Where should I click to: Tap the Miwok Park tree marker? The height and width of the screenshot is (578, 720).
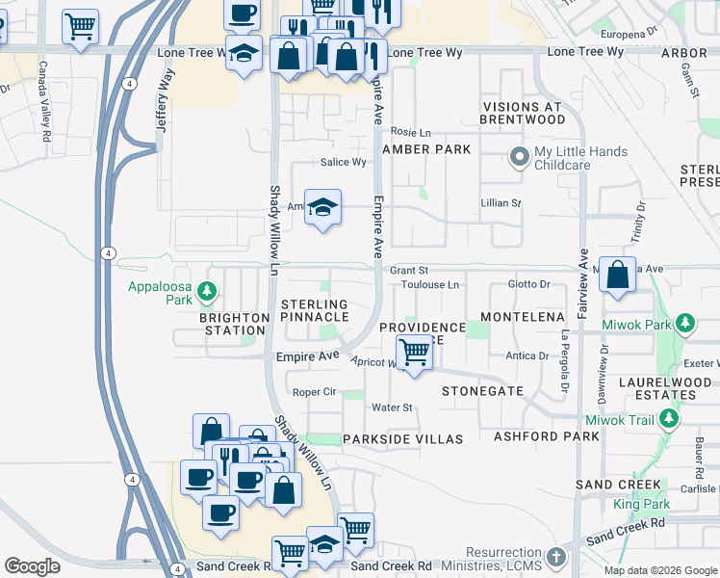(683, 323)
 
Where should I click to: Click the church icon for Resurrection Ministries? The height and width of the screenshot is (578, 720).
(555, 557)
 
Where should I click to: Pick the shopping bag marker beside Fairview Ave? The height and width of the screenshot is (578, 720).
(617, 274)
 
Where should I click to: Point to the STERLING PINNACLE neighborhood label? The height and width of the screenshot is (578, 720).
(314, 310)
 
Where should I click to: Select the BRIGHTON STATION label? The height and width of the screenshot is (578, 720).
(235, 324)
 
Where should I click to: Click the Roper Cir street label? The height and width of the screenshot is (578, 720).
(314, 392)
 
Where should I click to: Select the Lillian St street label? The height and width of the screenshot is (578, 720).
(501, 203)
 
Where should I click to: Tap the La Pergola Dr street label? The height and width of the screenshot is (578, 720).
(565, 361)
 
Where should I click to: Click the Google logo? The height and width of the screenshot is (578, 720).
(32, 565)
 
